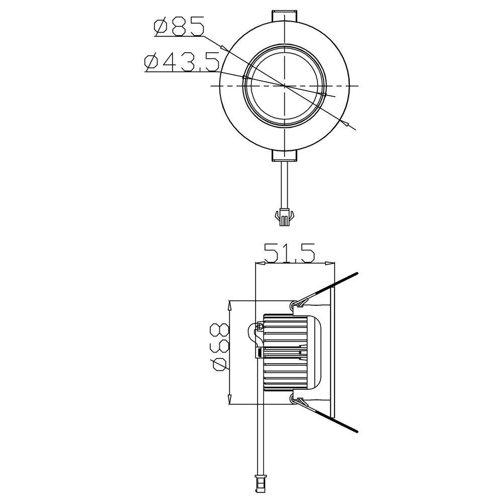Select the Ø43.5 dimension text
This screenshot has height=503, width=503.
[x=182, y=63]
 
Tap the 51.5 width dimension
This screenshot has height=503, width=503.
[x=289, y=253]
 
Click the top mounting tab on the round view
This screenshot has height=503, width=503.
[x=284, y=16]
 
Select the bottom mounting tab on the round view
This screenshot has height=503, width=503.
[x=284, y=156]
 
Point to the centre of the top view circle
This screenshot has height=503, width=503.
[x=285, y=86]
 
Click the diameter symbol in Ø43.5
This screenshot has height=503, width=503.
[x=151, y=63]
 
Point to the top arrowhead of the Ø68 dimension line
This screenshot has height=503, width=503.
[x=230, y=304]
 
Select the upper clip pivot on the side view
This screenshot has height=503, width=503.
[x=294, y=304]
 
